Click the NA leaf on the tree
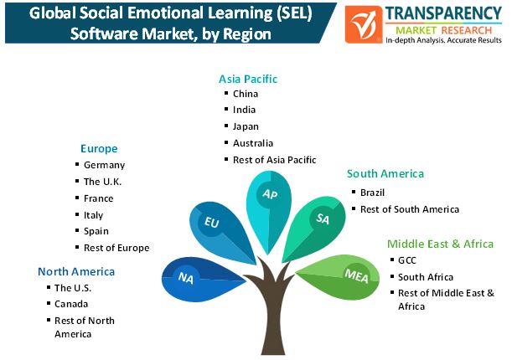click(188, 279)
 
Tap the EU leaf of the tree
click(215, 224)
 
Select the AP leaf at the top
click(268, 196)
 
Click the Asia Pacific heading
click(248, 79)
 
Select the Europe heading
click(99, 148)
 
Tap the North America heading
click(76, 271)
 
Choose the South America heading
click(385, 173)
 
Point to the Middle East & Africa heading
click(439, 244)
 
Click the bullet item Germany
click(104, 165)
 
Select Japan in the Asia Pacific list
click(245, 126)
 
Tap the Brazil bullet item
click(372, 193)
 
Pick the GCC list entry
click(408, 260)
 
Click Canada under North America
click(71, 304)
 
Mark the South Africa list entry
click(426, 276)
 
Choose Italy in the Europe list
click(93, 215)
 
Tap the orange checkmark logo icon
click(365, 25)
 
